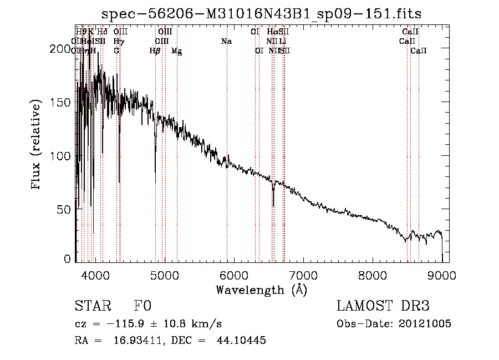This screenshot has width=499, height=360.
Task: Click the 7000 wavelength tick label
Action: click(303, 275)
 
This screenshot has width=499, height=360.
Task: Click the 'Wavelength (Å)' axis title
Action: click(261, 290)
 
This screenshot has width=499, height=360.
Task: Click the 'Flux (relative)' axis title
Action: click(37, 145)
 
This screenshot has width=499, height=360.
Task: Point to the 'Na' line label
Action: click(226, 42)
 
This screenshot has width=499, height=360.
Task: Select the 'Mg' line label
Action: click(176, 51)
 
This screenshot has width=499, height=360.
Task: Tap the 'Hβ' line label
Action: click(155, 51)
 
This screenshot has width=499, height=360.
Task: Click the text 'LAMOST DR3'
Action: click(383, 307)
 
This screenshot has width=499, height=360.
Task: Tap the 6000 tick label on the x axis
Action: click(233, 275)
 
